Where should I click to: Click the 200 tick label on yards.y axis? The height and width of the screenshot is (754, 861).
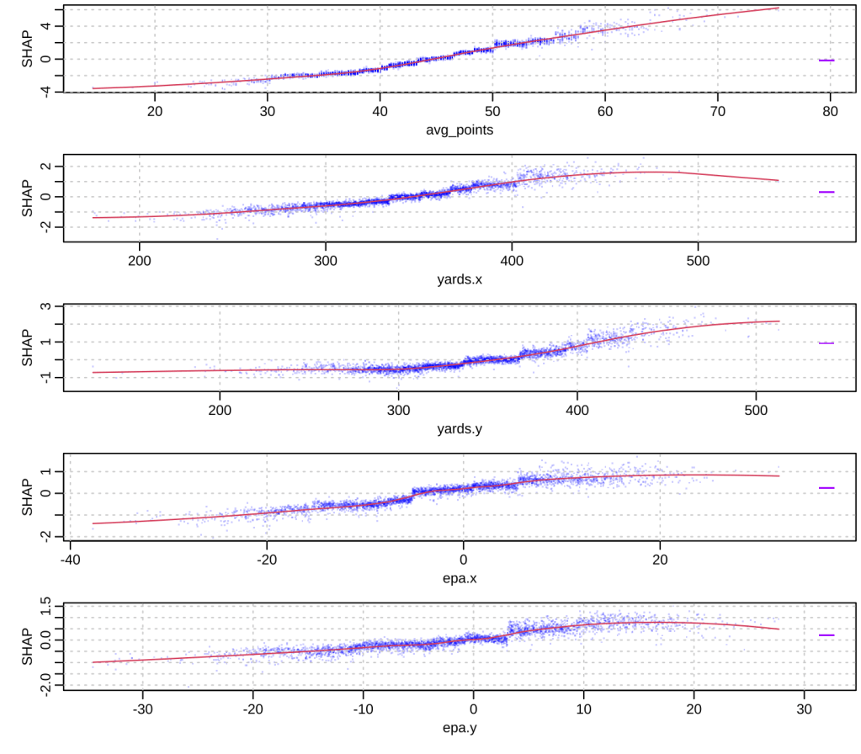coord(221,411)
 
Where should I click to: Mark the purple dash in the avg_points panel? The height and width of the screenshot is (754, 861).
coord(826,61)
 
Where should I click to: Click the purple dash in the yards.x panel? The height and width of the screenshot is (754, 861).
coord(826,193)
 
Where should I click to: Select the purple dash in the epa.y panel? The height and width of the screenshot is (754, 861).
coord(826,635)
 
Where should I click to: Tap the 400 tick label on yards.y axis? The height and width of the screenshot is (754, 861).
coord(577,411)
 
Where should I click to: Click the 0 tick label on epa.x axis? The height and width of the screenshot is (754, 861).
coord(464,560)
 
